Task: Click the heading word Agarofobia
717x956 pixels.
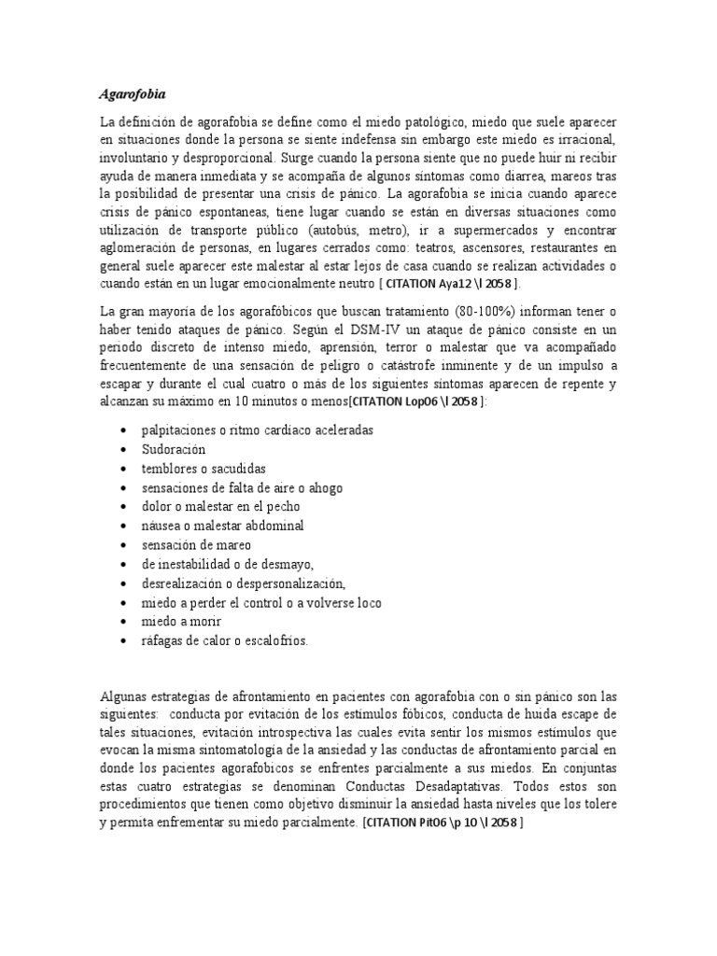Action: (x=132, y=94)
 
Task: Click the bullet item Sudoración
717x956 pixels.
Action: (x=174, y=449)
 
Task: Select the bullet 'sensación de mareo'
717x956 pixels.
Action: (x=197, y=544)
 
